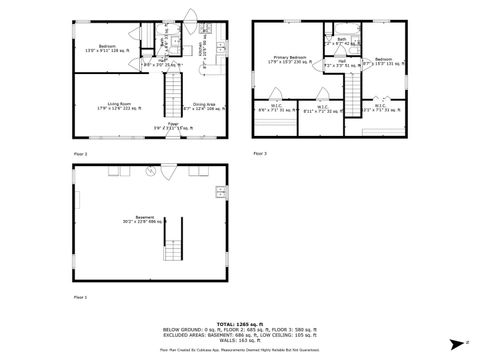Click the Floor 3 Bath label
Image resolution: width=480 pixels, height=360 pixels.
[x=341, y=41]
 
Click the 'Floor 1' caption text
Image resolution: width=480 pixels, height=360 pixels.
[x=81, y=297]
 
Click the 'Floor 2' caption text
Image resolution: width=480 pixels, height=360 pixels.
[x=81, y=153]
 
